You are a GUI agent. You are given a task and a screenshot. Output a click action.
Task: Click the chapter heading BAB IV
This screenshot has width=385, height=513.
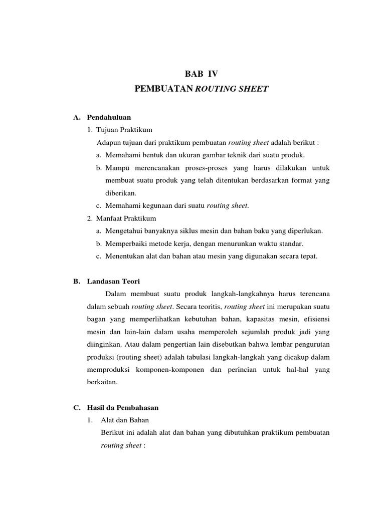tap(202, 73)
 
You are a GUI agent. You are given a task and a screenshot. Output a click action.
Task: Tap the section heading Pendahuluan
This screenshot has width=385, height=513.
tap(109, 117)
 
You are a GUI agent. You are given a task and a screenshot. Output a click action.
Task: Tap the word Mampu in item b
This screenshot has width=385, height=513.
tap(116, 167)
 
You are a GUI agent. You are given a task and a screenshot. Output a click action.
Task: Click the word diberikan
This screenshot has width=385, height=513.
tap(121, 193)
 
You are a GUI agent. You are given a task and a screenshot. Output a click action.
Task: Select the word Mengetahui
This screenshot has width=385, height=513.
tap(124, 231)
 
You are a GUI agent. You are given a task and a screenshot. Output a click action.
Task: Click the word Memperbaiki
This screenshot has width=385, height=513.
tap(125, 243)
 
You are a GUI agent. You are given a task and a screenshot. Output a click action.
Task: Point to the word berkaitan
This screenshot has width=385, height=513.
tap(102, 382)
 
